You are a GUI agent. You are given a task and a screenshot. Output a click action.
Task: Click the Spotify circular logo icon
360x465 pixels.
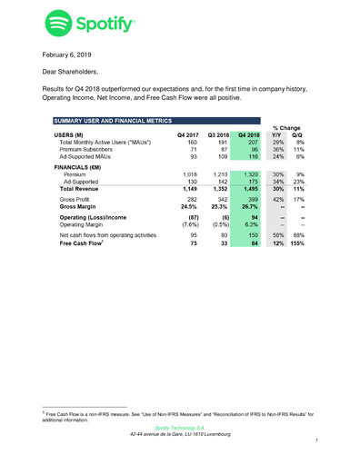pyautogui.click(x=60, y=23)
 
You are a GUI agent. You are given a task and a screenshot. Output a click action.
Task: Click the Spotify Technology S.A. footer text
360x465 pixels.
pyautogui.click(x=180, y=427)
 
